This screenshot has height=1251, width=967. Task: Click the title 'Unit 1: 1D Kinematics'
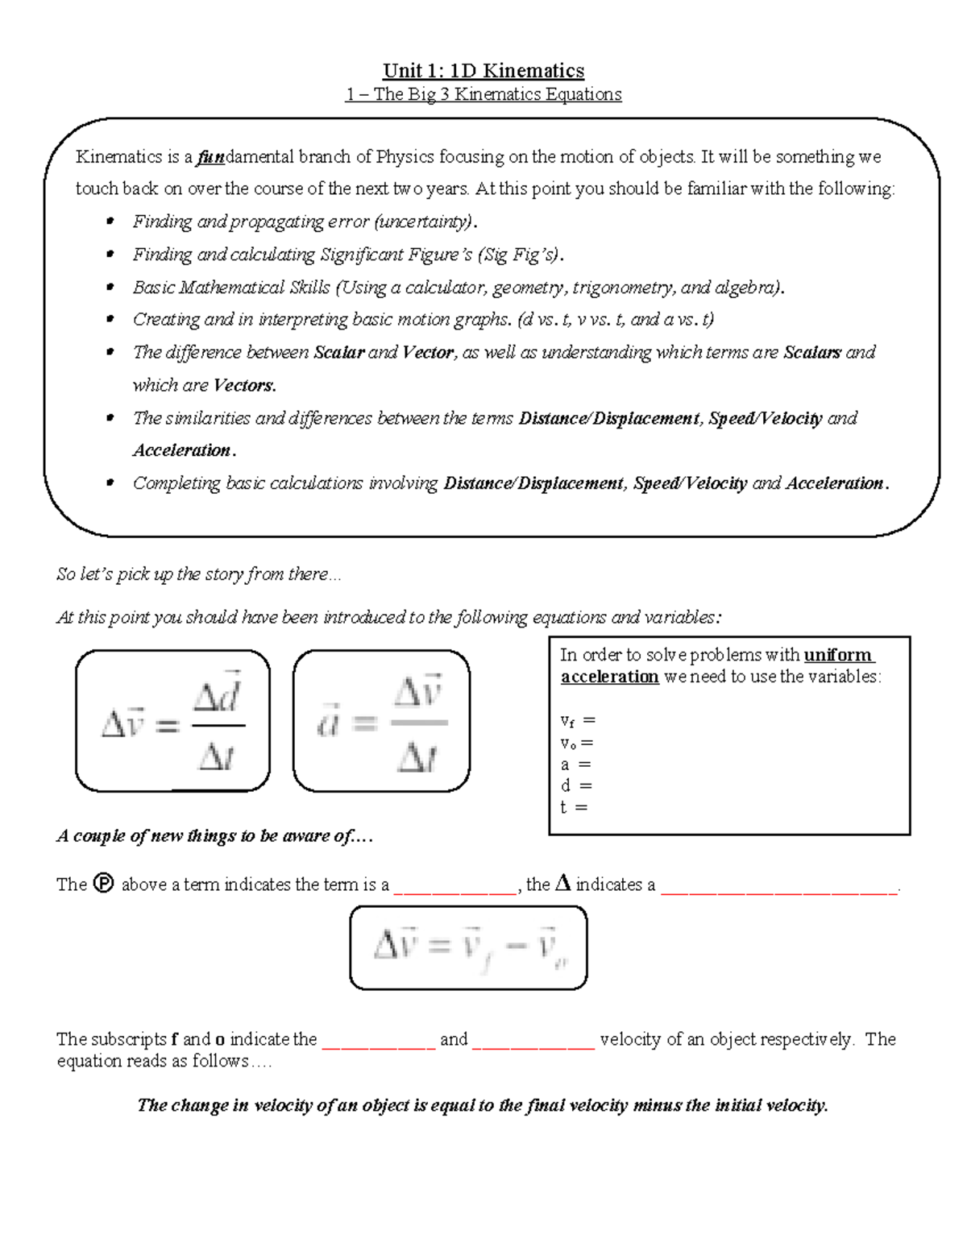[x=483, y=71]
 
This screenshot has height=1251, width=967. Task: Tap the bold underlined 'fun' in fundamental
[x=211, y=157]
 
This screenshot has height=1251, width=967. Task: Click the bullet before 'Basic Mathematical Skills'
[x=110, y=288]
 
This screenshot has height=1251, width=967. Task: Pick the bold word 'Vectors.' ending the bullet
[x=245, y=385]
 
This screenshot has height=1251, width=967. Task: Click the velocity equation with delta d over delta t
[x=172, y=721]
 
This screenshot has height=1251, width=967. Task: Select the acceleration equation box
[x=381, y=721]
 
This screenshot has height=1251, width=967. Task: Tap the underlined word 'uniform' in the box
[x=838, y=655]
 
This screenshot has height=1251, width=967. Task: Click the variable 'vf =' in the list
[x=577, y=721]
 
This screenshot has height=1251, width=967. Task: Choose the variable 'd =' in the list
[x=575, y=785]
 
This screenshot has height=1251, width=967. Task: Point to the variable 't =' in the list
[x=574, y=806]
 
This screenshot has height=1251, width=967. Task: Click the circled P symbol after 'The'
[x=104, y=884]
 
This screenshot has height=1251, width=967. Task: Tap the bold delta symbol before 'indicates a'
[x=562, y=884]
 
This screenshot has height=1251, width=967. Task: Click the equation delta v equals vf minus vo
[x=468, y=947]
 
